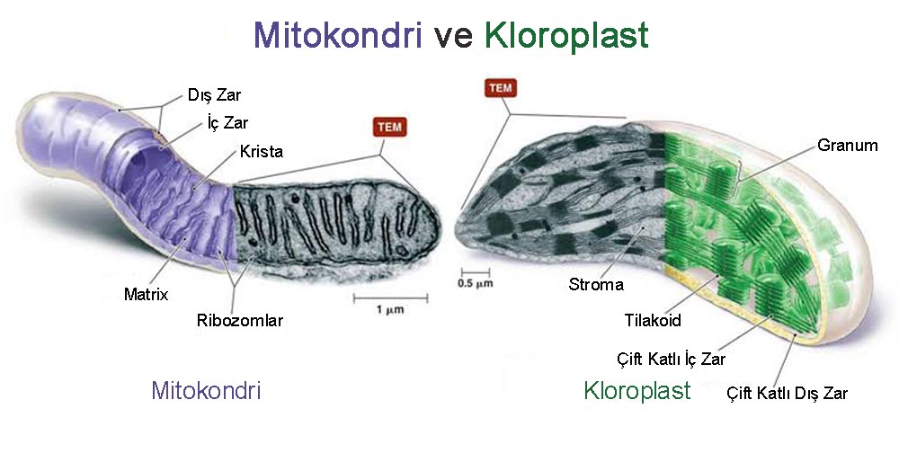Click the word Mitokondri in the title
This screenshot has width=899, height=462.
coord(338,35)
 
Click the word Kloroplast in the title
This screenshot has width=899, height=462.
coord(566,36)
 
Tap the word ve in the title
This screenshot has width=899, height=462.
coord(453,37)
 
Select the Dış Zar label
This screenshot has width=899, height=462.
coord(215,95)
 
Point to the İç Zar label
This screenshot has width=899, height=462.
coord(227,122)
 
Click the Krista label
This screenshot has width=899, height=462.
coord(262,151)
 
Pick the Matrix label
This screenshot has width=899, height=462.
coord(147,295)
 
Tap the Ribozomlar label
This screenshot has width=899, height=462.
coord(240,320)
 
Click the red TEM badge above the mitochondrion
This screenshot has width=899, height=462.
coord(390,127)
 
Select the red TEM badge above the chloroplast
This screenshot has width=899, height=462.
coord(501,88)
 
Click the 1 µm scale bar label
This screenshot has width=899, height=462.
coord(390,309)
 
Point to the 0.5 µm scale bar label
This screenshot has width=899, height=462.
coord(476,282)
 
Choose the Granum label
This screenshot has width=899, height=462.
coord(848,146)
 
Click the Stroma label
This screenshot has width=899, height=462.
coord(596,284)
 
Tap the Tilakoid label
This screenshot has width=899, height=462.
coord(653,320)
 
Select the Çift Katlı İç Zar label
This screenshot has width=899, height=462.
coord(672,360)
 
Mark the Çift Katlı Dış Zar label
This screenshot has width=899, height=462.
coord(788,393)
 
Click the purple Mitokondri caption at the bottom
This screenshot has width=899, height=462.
coord(206,390)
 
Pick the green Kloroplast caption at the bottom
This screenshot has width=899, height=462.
coord(637,391)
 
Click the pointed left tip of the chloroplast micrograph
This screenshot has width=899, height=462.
coord(457,226)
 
